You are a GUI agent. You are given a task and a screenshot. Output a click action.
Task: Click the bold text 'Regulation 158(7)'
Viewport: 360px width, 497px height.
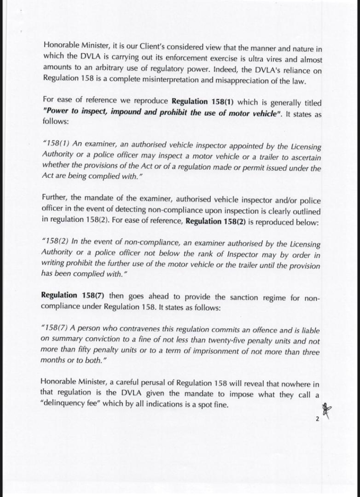pos(73,295)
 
